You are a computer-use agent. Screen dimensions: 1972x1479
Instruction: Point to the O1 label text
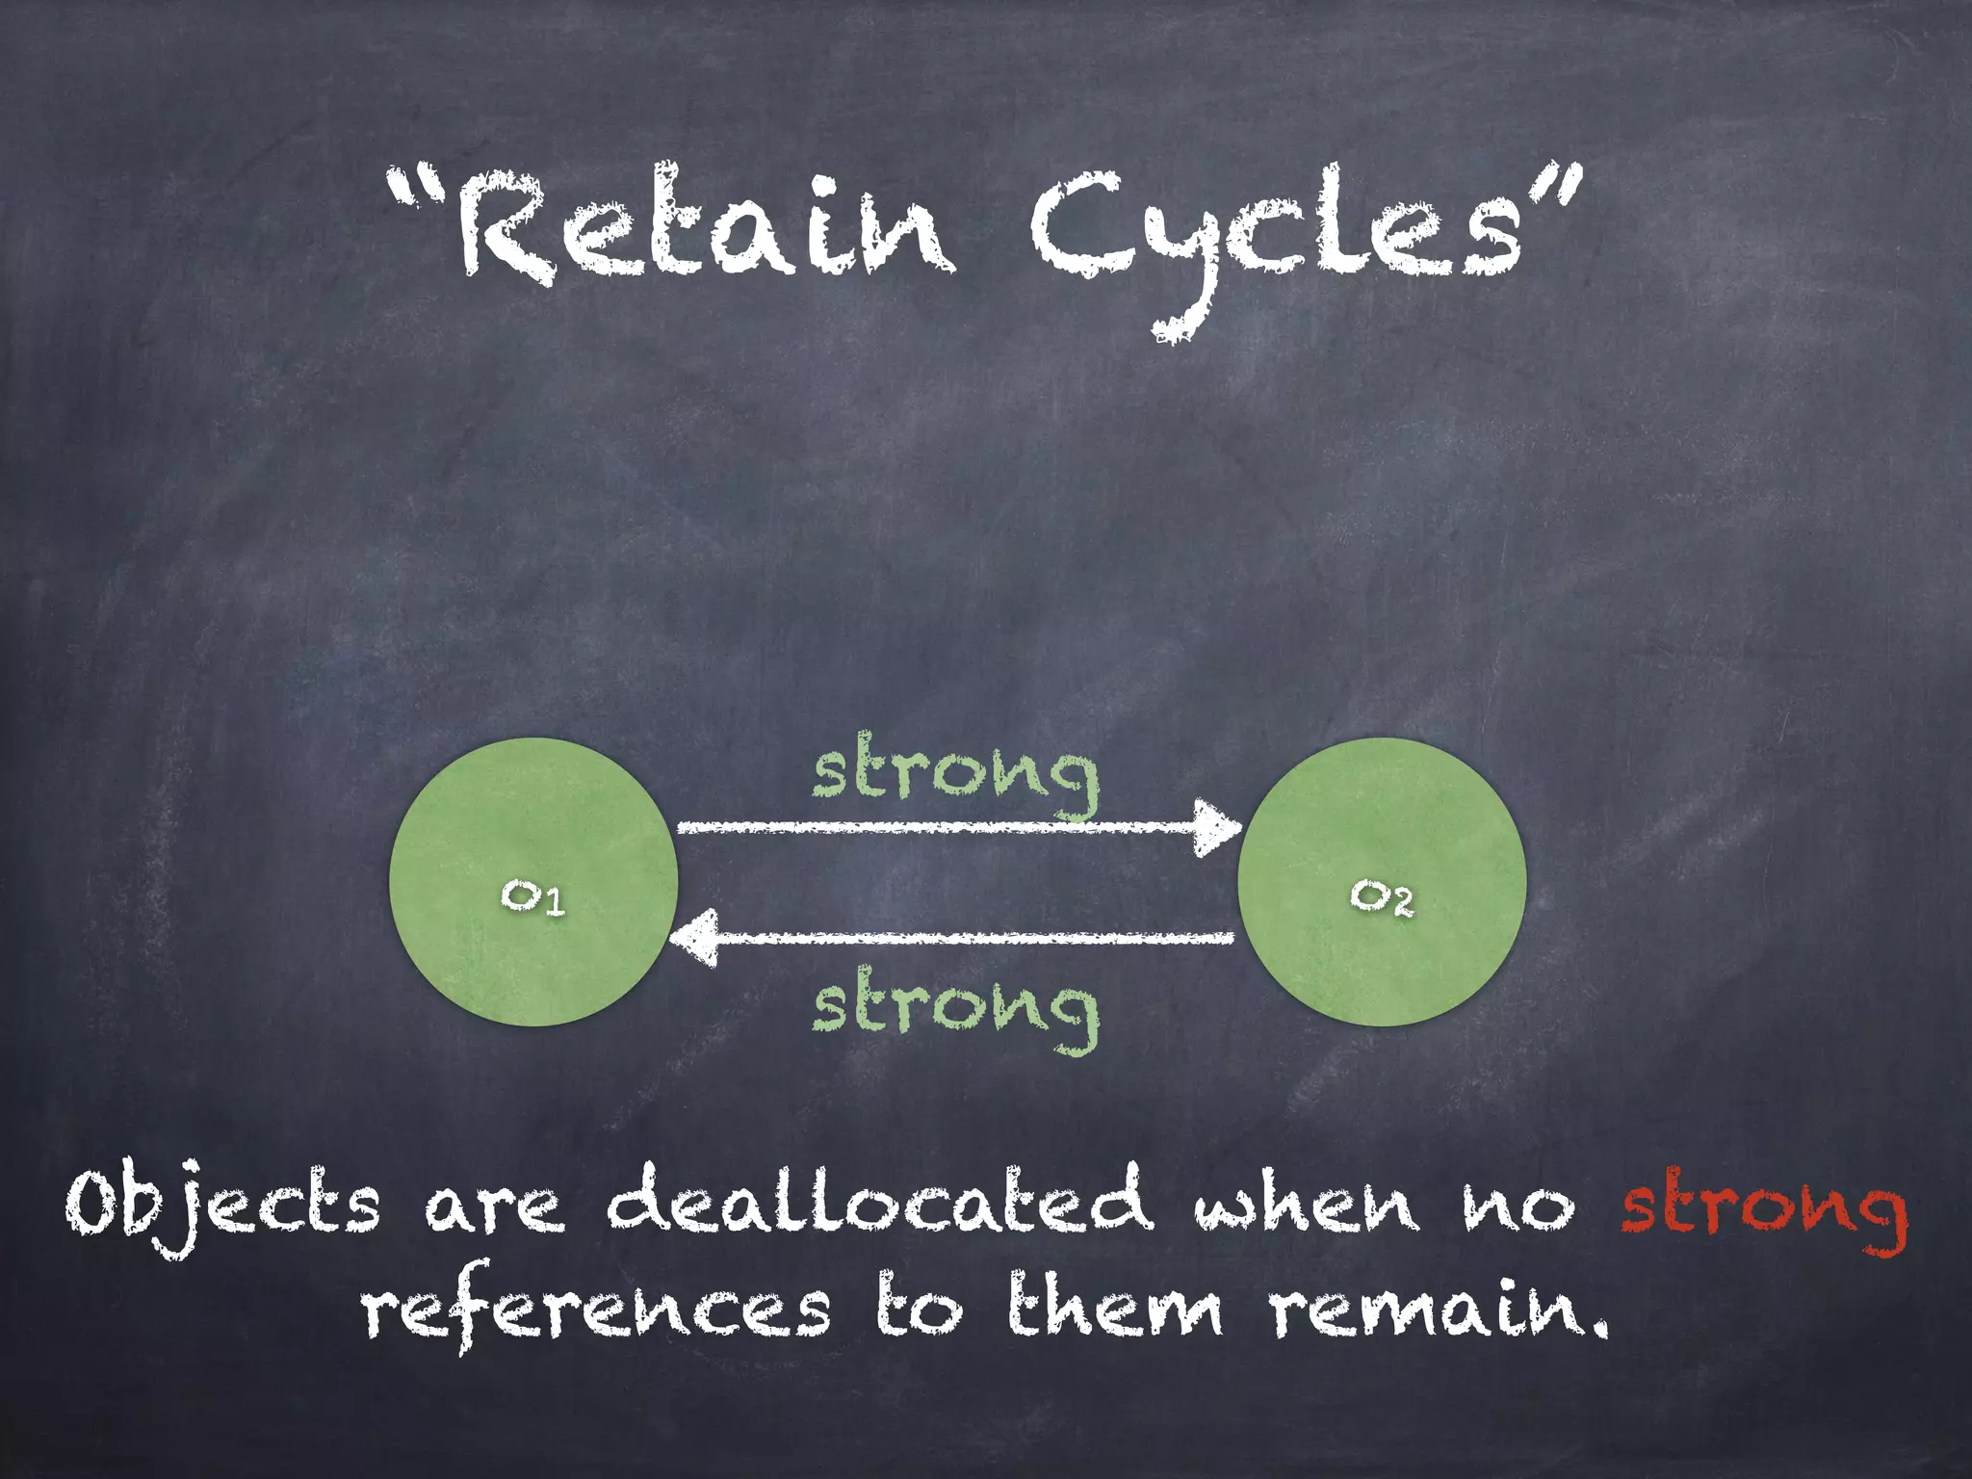click(532, 897)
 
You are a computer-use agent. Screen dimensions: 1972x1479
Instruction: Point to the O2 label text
click(1382, 897)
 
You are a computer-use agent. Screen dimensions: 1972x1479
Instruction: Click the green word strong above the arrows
click(955, 775)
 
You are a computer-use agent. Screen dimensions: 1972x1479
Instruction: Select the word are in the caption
click(493, 1209)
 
